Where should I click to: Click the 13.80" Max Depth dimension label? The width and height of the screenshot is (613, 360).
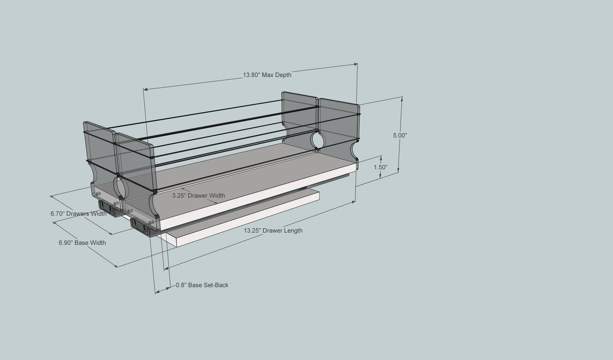[267, 75]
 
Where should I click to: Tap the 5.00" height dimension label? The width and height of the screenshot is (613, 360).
[400, 135]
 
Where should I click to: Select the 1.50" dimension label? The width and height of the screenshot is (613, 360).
[381, 167]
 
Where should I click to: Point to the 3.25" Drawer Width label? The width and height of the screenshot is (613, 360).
[198, 196]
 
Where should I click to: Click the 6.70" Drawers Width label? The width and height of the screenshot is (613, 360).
[79, 214]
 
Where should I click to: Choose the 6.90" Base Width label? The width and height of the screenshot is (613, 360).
[82, 243]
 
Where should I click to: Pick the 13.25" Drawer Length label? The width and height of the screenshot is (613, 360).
[273, 231]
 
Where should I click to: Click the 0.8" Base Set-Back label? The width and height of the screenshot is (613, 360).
[202, 285]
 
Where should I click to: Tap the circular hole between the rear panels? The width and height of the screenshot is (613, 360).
[318, 140]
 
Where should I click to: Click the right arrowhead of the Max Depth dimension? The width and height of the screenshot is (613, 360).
[356, 65]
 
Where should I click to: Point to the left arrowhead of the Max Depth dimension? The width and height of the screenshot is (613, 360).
[145, 89]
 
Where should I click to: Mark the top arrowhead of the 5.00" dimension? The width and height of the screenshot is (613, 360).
[402, 99]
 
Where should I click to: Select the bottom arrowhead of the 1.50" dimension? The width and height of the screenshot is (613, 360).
[380, 176]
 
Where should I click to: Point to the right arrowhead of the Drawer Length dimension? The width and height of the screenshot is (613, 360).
[353, 202]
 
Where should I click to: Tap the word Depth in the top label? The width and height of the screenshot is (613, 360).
[283, 75]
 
